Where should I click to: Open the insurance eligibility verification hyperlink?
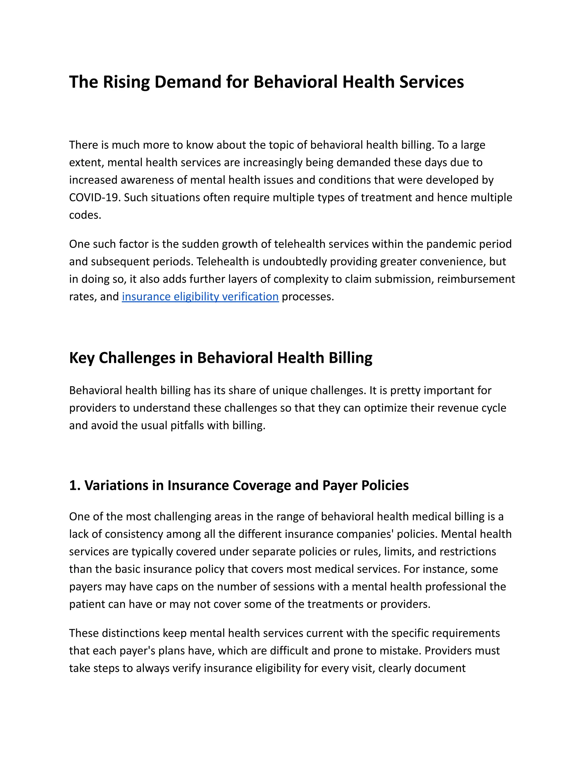200,297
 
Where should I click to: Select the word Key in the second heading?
82,358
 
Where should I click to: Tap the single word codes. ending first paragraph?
85,215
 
